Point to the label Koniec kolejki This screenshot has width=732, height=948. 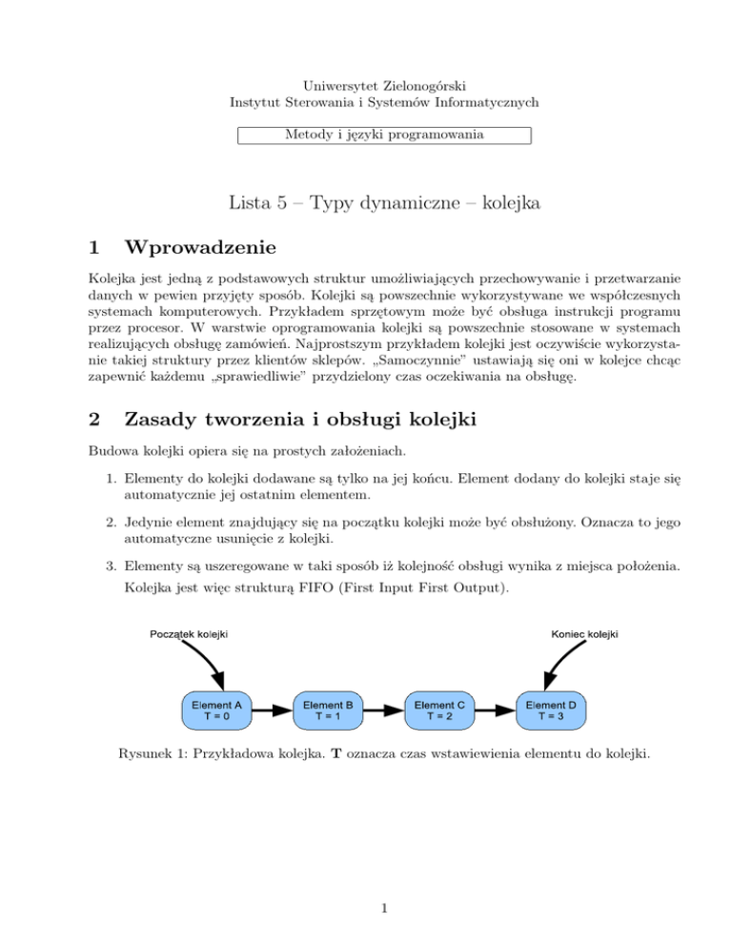584,633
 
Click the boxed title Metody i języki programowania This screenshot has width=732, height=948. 383,135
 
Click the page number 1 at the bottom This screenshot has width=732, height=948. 382,908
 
